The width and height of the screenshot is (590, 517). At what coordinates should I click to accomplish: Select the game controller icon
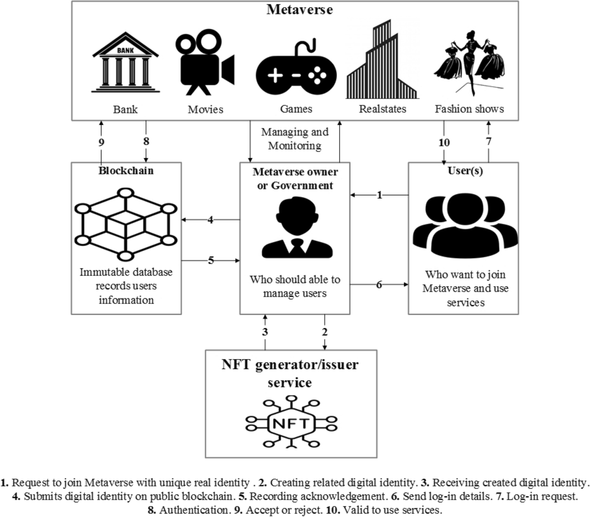(x=296, y=72)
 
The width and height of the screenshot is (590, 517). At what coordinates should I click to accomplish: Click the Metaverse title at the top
(x=299, y=9)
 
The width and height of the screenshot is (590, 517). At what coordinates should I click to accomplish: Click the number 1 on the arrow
(x=379, y=195)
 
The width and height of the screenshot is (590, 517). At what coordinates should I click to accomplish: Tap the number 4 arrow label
(x=210, y=220)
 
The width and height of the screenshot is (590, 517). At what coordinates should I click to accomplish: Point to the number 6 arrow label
(x=379, y=284)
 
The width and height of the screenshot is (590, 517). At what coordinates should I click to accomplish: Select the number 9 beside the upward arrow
(x=101, y=142)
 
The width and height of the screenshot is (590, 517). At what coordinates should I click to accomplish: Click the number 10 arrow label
(x=444, y=142)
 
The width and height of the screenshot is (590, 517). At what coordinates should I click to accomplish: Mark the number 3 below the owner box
(x=265, y=332)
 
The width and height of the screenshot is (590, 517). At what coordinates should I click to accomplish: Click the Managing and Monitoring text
(x=295, y=139)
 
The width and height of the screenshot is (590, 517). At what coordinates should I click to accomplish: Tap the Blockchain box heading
(x=126, y=171)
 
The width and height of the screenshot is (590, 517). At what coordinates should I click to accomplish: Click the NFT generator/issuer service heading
(x=290, y=373)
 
